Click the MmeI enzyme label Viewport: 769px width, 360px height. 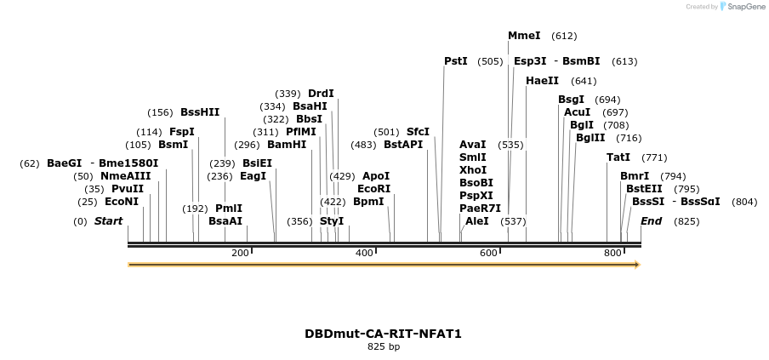click(524, 36)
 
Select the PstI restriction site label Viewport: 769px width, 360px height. click(456, 61)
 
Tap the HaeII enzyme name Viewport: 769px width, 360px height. click(542, 81)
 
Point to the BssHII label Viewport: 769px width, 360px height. click(200, 112)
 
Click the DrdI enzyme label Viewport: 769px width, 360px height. click(321, 94)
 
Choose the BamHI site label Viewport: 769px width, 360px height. click(287, 145)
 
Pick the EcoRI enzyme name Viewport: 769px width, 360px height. click(374, 189)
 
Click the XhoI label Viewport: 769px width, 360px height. click(472, 170)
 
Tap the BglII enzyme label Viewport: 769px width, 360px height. click(590, 138)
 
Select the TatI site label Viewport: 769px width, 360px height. click(618, 157)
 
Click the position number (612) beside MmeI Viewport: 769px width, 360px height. click(564, 37)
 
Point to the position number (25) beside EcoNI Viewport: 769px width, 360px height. click(88, 203)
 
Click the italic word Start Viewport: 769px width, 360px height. click(108, 221)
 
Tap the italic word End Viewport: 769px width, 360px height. click(651, 221)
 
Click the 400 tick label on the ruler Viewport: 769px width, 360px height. click(364, 253)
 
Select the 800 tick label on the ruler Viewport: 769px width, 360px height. click(612, 253)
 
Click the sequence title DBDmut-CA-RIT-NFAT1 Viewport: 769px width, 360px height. click(384, 334)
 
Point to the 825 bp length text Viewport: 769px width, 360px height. click(384, 347)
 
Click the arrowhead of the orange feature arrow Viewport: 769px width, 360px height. click(635, 265)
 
